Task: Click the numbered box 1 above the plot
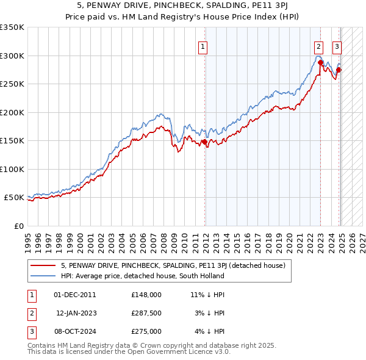coord(202,45)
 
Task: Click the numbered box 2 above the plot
coord(318,45)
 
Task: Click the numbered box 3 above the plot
coord(337,45)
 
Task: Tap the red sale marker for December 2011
coord(204,142)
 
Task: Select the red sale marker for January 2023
coord(320,63)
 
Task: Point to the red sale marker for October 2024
coord(339,70)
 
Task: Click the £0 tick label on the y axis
coord(19,226)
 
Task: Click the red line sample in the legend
coord(43,265)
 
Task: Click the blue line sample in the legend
coord(43,276)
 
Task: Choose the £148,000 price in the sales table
coord(146,294)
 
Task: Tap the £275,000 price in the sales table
coord(146,331)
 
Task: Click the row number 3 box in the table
coord(31,331)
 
